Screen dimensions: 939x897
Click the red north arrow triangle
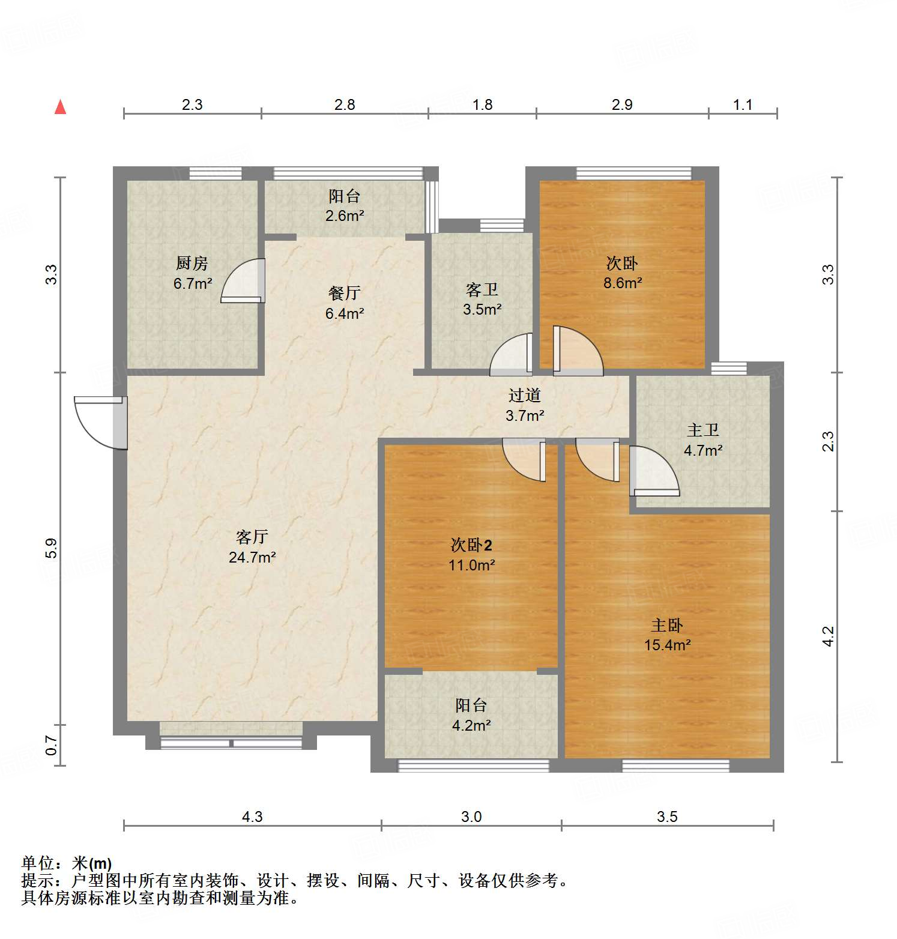tap(60, 107)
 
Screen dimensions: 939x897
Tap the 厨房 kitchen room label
tap(192, 263)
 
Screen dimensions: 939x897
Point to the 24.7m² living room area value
tap(252, 557)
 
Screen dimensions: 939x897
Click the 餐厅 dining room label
tap(345, 293)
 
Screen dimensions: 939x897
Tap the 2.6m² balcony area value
tap(345, 216)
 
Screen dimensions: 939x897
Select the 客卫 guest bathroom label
tap(482, 290)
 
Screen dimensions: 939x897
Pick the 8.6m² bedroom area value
tap(623, 283)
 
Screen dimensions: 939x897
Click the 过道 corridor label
tap(525, 395)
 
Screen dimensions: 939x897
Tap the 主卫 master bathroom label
tap(702, 430)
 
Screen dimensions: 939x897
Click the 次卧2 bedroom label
tap(471, 545)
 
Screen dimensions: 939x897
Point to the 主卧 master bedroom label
tap(667, 625)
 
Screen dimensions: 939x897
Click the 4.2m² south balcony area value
tap(471, 725)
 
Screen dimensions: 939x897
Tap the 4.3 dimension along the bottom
tap(252, 817)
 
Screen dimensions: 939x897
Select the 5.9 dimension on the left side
tap(52, 548)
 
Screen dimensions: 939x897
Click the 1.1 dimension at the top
tap(743, 105)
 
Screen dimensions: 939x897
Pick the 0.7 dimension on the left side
tap(52, 746)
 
